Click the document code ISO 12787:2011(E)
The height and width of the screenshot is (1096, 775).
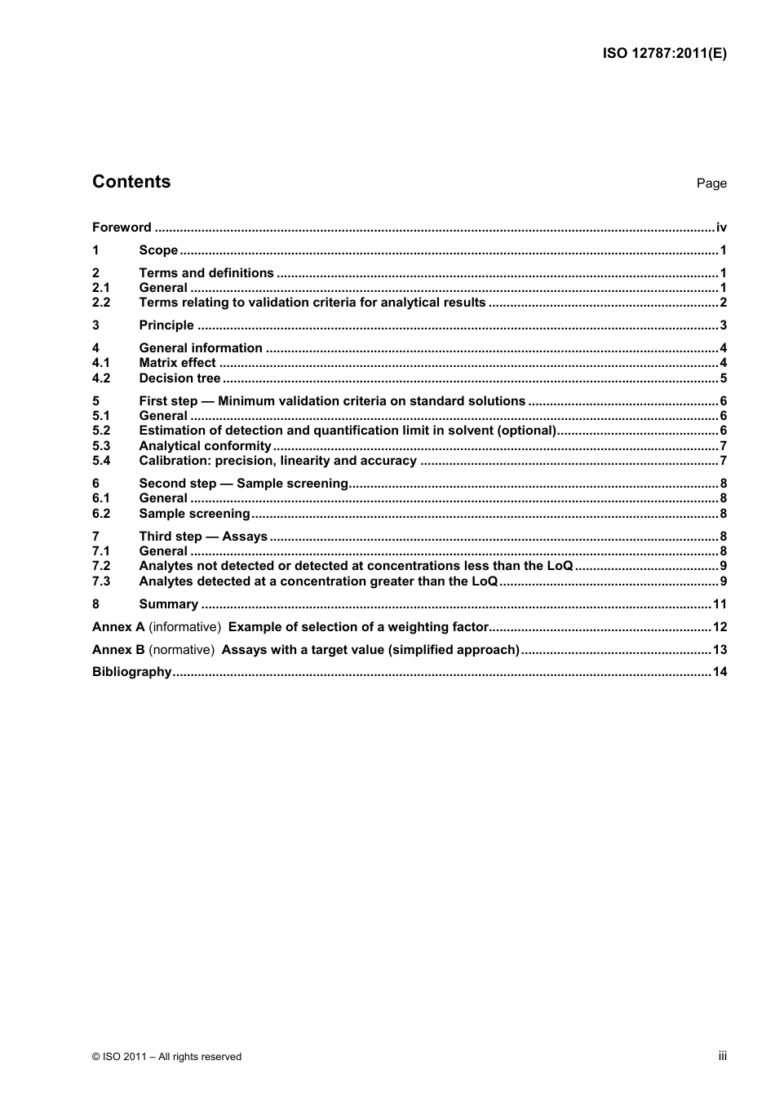(x=664, y=54)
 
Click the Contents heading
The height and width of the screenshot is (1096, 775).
(x=131, y=182)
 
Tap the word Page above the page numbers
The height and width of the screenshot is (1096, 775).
(x=711, y=183)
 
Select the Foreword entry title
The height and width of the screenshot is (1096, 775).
(x=122, y=228)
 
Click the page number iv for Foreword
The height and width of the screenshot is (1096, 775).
(x=721, y=228)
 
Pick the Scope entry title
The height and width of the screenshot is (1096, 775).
(x=158, y=250)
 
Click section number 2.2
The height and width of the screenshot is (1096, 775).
(x=101, y=303)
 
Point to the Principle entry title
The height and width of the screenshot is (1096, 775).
(x=166, y=325)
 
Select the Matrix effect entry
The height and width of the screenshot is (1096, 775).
(x=177, y=363)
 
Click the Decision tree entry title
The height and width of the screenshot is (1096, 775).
(x=179, y=378)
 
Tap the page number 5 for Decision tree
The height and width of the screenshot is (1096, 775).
(x=723, y=378)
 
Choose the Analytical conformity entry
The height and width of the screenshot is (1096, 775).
(x=205, y=446)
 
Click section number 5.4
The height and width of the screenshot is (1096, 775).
(x=101, y=461)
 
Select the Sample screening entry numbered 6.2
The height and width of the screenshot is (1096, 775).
(x=194, y=514)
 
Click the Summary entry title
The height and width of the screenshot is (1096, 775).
(x=168, y=604)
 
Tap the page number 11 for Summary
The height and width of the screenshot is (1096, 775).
(x=719, y=604)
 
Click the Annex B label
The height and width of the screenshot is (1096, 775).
(x=118, y=650)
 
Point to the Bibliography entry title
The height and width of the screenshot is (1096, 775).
(x=131, y=672)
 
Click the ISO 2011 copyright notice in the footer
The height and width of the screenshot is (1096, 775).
(x=166, y=1057)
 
